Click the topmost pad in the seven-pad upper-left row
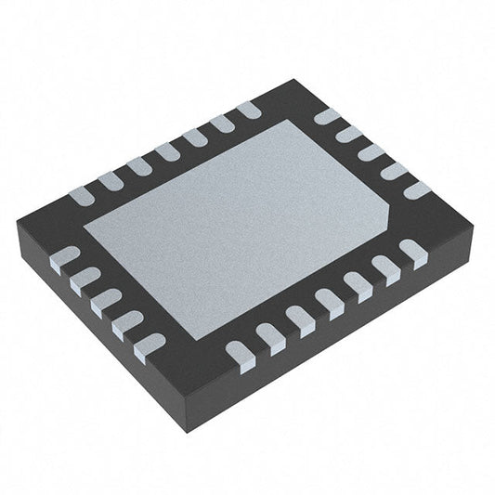click(247, 111)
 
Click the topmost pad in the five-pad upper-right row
click(326, 118)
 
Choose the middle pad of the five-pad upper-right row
click(371, 152)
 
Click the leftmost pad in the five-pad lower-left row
click(63, 256)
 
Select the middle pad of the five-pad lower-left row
click(105, 299)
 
